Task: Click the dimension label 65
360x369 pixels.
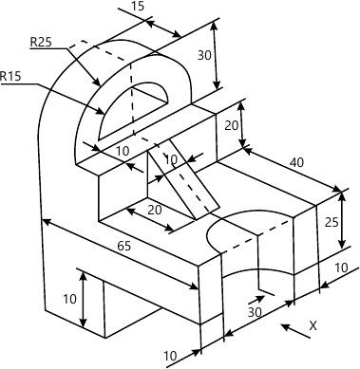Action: (x=123, y=246)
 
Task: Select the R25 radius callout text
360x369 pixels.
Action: (x=41, y=42)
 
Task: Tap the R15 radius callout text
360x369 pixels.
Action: (x=10, y=76)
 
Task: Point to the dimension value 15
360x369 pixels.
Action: (x=137, y=6)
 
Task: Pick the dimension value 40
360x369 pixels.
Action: (x=296, y=162)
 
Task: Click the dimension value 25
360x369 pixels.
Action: (x=332, y=222)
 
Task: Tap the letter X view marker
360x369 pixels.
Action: (x=313, y=325)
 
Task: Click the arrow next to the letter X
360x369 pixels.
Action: (x=295, y=331)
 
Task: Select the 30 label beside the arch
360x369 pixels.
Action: (x=204, y=56)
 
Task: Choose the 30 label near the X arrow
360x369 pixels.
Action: (x=255, y=312)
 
